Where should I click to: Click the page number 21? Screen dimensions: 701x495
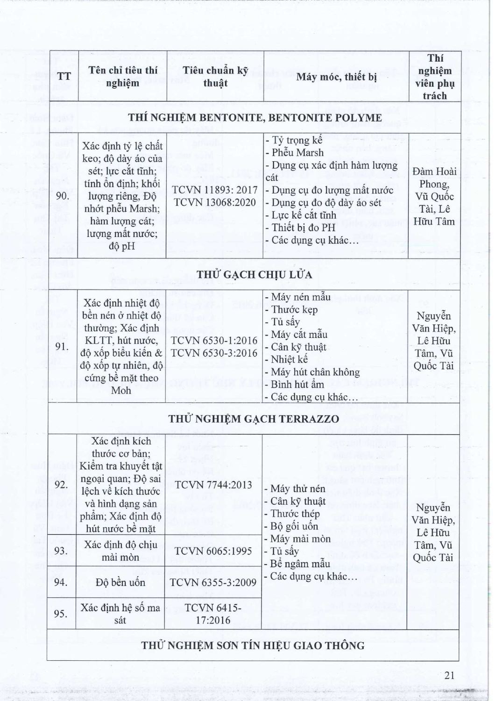(x=450, y=675)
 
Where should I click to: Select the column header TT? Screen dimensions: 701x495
(x=64, y=77)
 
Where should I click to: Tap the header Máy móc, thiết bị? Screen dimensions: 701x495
(x=336, y=77)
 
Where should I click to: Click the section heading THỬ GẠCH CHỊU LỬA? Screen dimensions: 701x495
(x=254, y=274)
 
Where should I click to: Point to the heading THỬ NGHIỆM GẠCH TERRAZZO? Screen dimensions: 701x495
(x=254, y=419)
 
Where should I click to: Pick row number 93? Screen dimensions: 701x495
(x=61, y=551)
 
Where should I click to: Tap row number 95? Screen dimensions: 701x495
(x=61, y=614)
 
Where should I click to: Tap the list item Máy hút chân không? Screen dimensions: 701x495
(x=315, y=372)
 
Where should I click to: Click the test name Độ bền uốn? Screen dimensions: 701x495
(x=121, y=582)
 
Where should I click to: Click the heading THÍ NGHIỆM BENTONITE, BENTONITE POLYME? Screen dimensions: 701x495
(x=254, y=117)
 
